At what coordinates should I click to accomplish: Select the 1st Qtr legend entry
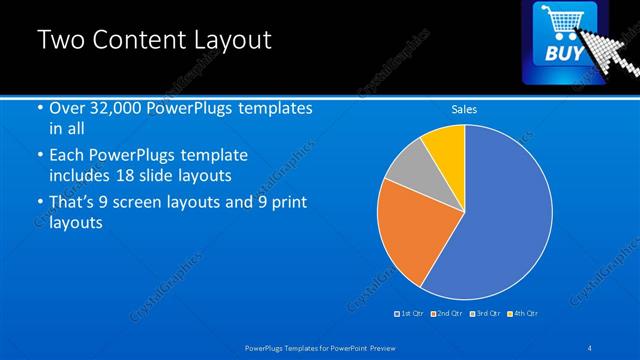[x=411, y=313]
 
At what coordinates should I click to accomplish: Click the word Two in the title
[x=59, y=40]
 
